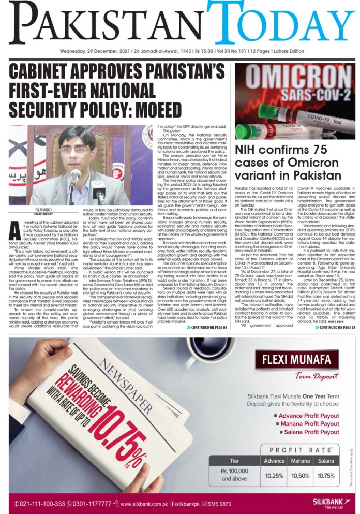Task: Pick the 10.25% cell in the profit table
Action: tap(274, 475)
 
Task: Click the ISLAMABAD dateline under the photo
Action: tap(37, 209)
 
